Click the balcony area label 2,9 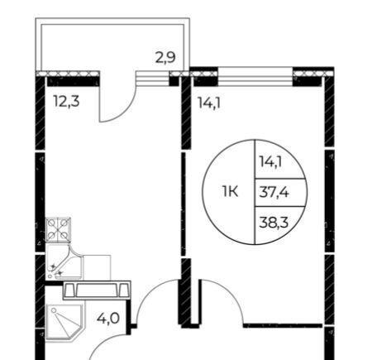tap(165, 58)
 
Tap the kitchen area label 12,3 tap(67, 101)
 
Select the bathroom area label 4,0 tap(108, 319)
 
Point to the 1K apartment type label tap(230, 191)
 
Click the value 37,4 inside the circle tap(274, 192)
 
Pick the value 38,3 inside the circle tap(274, 222)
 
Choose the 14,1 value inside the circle tap(270, 161)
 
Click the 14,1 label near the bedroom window tap(209, 103)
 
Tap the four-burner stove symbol tap(58, 230)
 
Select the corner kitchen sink tap(64, 262)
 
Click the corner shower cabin tap(64, 322)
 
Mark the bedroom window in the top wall tap(255, 77)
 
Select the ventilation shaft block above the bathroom tap(97, 290)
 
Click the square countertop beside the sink tap(97, 267)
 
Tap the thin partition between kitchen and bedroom tap(184, 204)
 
